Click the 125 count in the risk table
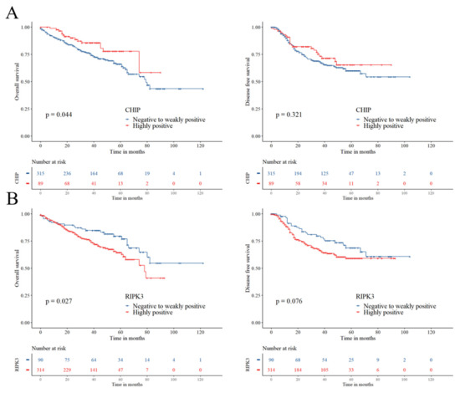click(x=331, y=172)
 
